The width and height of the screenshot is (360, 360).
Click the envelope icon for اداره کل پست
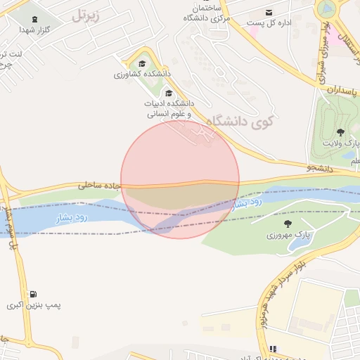pos(269,12)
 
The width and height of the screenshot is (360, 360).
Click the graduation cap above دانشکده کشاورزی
pos(141,63)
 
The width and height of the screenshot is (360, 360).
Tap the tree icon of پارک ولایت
pos(340,132)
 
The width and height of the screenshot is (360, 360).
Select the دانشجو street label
pos(319,167)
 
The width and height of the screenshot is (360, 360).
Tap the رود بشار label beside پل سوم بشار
pos(72,218)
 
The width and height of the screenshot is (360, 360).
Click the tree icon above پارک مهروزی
pos(287,223)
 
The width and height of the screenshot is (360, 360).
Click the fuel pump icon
pos(33,294)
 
